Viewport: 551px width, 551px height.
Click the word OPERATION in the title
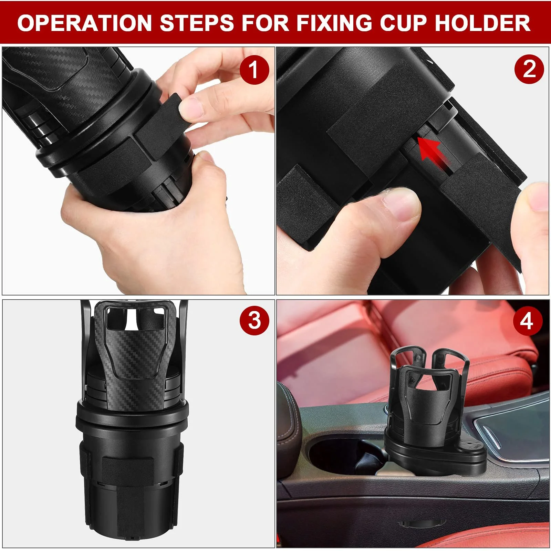coord(84,23)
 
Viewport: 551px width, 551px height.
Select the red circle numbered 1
coord(254,70)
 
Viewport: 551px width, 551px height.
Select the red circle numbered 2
coord(529,70)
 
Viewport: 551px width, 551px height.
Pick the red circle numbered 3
coord(254,321)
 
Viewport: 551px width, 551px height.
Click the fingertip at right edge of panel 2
coord(537,196)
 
